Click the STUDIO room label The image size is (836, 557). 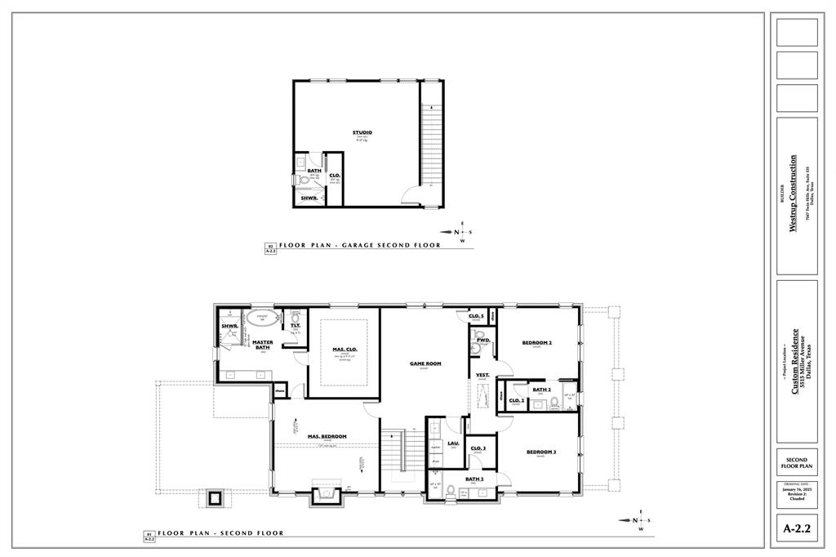(362, 132)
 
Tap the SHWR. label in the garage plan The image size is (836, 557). (309, 198)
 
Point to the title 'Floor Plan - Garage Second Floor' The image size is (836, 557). (359, 245)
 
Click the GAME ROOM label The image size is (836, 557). (425, 363)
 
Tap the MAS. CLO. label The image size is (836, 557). (345, 350)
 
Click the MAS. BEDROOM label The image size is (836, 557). (327, 436)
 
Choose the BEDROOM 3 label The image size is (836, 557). (540, 452)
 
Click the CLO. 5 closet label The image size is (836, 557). (476, 316)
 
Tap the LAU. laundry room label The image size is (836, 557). (453, 443)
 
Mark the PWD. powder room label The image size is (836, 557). (482, 339)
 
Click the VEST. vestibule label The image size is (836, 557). (482, 375)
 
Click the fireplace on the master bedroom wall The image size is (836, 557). (328, 492)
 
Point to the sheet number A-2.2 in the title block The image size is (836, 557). (797, 529)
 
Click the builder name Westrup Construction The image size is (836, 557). (792, 194)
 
